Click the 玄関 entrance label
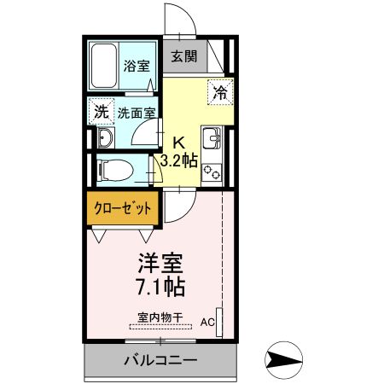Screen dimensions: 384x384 pyautogui.click(x=183, y=57)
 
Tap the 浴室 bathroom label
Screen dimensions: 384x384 pyautogui.click(x=135, y=66)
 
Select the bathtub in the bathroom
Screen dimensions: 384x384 pyautogui.click(x=105, y=64)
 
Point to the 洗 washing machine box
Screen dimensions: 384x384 pyautogui.click(x=102, y=111)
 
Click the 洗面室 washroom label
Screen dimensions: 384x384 pyautogui.click(x=136, y=112)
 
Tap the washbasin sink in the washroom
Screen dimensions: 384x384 pyautogui.click(x=106, y=138)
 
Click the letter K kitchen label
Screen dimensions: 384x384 pyautogui.click(x=179, y=143)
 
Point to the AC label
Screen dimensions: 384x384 pyautogui.click(x=207, y=323)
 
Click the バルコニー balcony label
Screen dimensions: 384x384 pyautogui.click(x=160, y=360)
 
